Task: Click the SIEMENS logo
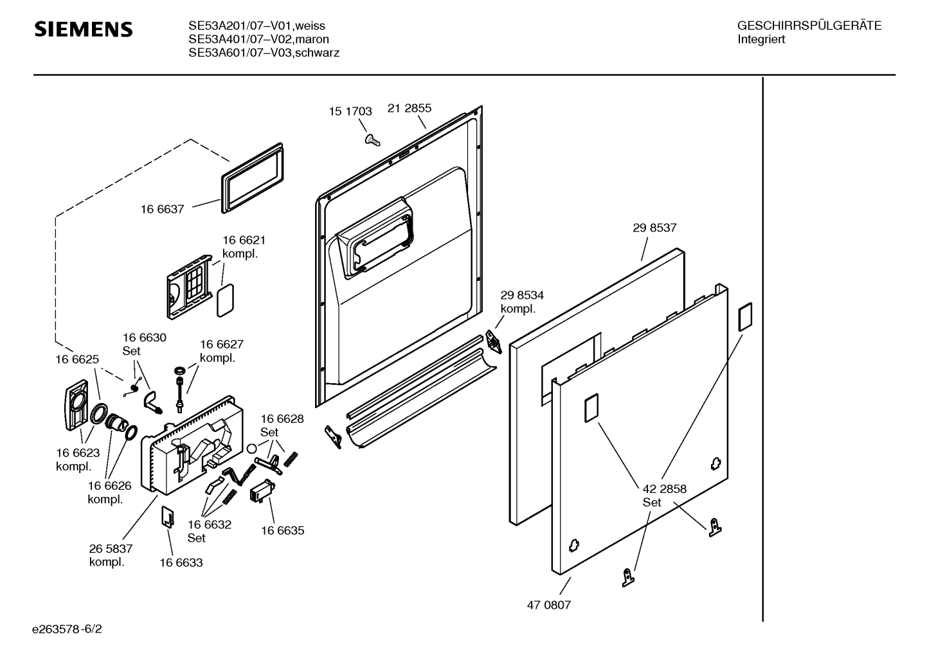click(x=84, y=30)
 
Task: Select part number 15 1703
click(x=350, y=111)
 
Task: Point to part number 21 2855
click(x=410, y=108)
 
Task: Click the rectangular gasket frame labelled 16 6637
click(x=252, y=177)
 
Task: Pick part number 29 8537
click(x=654, y=228)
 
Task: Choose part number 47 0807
click(x=549, y=605)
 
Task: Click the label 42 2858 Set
click(x=665, y=495)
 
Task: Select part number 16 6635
click(x=283, y=530)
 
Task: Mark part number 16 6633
click(x=181, y=562)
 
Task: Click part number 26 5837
click(x=111, y=548)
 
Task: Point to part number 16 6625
click(x=77, y=359)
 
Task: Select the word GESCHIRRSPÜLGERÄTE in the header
click(x=809, y=26)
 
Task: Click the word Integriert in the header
click(x=762, y=39)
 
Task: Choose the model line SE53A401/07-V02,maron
click(x=258, y=39)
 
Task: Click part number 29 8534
click(x=522, y=295)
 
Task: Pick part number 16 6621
click(x=244, y=240)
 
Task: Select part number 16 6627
click(x=222, y=345)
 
